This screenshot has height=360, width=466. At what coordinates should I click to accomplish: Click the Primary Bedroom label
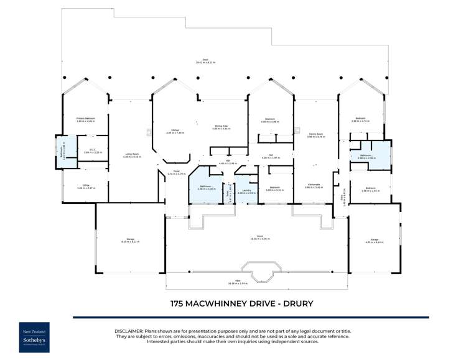point(85,119)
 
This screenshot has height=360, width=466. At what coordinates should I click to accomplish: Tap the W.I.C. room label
point(91,150)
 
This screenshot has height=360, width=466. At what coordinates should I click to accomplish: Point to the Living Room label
point(131,155)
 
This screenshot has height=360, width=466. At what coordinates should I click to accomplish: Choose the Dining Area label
point(222,127)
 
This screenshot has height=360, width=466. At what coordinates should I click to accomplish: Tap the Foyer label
point(176,173)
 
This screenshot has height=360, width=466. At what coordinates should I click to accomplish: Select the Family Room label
point(315,135)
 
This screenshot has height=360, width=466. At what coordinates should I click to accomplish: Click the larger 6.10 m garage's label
point(130,241)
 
